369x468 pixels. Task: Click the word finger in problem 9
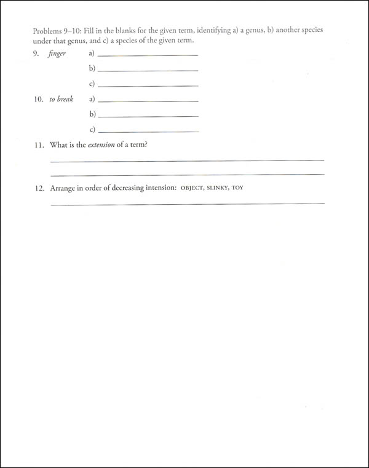coord(57,54)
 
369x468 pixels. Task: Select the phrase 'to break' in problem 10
coord(61,99)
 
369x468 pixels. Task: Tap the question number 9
coord(36,54)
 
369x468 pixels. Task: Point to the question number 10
coord(38,99)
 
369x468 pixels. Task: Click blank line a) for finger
coord(148,56)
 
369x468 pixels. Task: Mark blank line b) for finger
coord(148,71)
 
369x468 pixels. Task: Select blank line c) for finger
coord(148,85)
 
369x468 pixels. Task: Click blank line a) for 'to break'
coord(148,101)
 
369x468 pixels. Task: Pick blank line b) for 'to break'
coord(148,116)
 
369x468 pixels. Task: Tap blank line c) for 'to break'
coord(148,131)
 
